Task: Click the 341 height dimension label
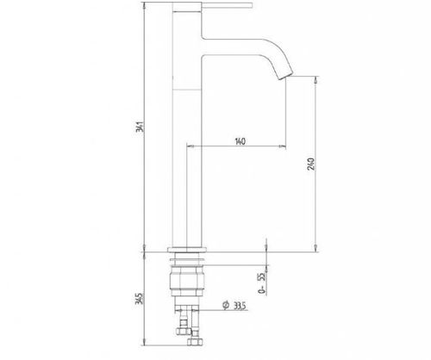(x=140, y=127)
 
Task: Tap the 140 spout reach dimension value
(x=240, y=141)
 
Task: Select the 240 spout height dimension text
(x=311, y=164)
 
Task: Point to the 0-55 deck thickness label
(x=261, y=283)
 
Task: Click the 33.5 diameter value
(x=240, y=306)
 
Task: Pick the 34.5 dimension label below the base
(x=139, y=299)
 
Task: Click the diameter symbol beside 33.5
(x=226, y=305)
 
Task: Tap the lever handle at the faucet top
(x=228, y=5)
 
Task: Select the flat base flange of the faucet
(x=187, y=250)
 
